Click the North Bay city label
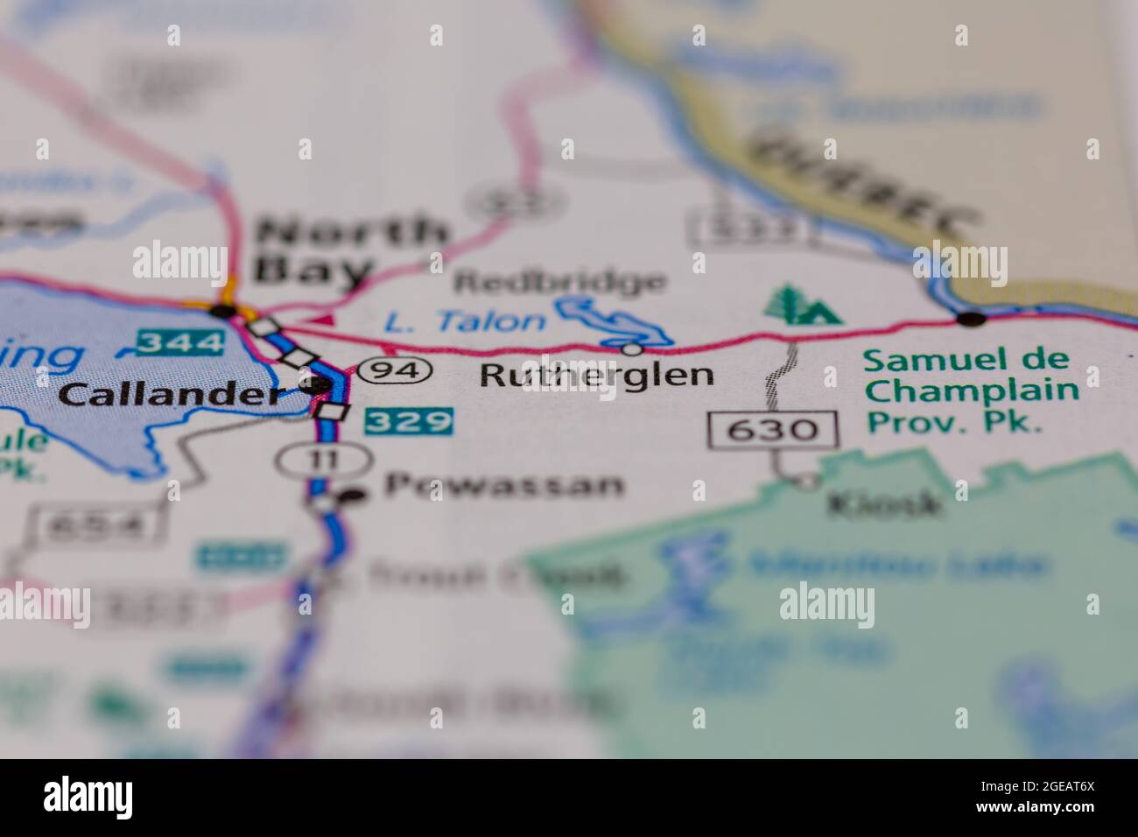[350, 250]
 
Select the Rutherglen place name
[596, 376]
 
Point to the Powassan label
[504, 485]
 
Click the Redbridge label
[560, 282]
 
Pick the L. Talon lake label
[465, 322]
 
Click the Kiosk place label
[885, 503]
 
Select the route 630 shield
[773, 429]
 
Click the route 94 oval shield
[398, 370]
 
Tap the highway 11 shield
[324, 458]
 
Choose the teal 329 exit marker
[409, 422]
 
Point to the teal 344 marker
[179, 341]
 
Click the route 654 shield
[94, 525]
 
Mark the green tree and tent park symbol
[801, 305]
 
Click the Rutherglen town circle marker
[630, 349]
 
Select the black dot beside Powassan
[352, 496]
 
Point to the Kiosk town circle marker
[807, 481]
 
